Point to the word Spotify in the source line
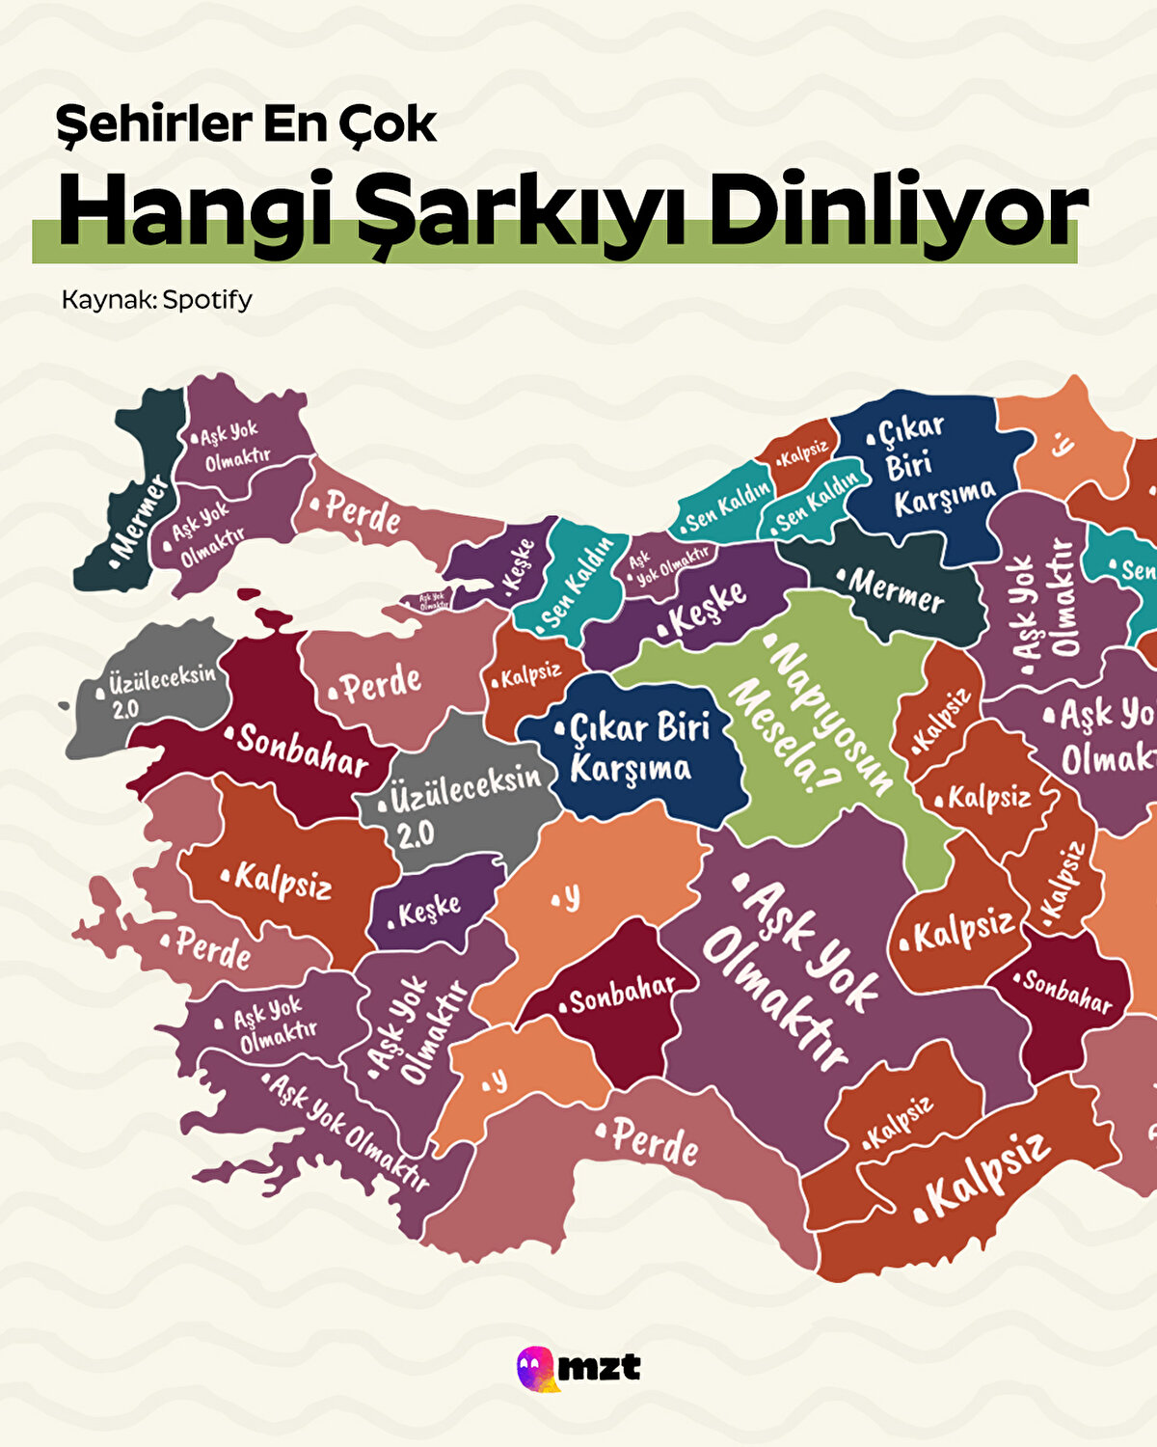point(207,299)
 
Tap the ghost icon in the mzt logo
point(536,1368)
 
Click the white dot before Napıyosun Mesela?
point(769,640)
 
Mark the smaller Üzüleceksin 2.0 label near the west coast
point(154,690)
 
